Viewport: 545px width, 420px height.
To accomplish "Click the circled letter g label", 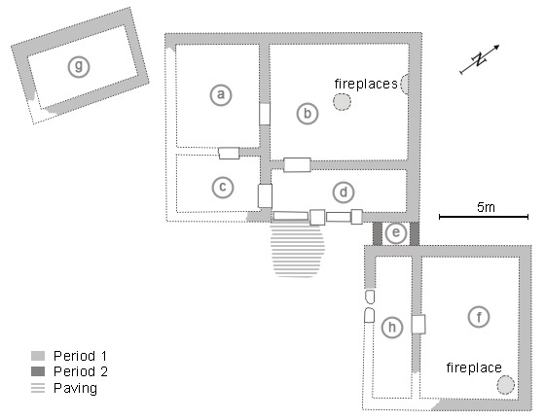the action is (x=79, y=66).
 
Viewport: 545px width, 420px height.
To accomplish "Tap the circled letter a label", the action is (x=221, y=94).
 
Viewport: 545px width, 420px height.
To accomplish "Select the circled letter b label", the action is (x=308, y=114).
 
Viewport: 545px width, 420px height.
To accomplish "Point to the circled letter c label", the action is (x=223, y=187).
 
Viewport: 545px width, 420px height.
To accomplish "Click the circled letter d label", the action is (x=344, y=192).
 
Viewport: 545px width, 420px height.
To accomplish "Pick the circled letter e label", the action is (x=396, y=232).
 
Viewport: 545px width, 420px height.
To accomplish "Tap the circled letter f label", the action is (x=479, y=317).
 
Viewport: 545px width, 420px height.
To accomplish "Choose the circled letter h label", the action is (x=392, y=328).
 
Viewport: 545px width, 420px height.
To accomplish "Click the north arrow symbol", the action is (x=480, y=59).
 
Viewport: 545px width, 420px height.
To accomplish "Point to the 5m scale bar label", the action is (x=486, y=207).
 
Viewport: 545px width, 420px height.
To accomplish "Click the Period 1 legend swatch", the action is (x=38, y=356).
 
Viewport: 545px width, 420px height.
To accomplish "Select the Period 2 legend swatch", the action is (x=38, y=371).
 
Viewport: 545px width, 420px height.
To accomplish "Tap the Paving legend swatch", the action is (x=38, y=388).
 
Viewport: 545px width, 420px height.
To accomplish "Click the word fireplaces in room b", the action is (x=366, y=84).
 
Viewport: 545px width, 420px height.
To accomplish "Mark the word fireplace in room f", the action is (x=474, y=367).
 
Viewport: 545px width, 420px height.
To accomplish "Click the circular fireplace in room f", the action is (x=505, y=385).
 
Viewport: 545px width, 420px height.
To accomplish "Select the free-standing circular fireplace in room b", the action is (x=342, y=102).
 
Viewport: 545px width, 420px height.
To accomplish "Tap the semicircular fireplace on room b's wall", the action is (x=405, y=84).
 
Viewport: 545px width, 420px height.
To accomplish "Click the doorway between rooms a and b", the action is (x=265, y=114).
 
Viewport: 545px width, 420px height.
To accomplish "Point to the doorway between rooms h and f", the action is (x=418, y=324).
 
